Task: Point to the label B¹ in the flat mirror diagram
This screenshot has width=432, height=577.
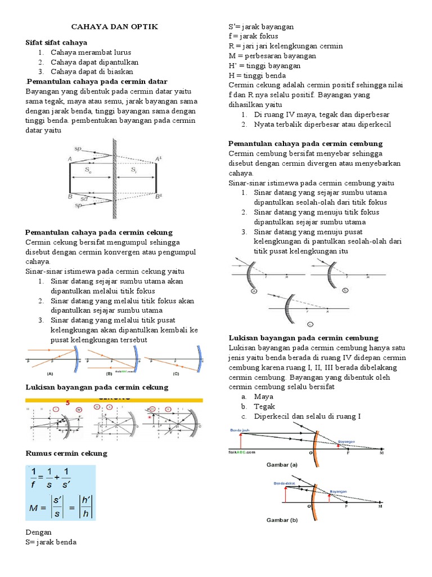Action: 160,197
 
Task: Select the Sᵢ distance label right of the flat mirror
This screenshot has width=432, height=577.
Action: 133,168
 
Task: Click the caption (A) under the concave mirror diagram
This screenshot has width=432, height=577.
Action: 50,373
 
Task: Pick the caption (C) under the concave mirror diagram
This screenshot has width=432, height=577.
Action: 175,373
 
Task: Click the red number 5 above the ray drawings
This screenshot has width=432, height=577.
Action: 68,402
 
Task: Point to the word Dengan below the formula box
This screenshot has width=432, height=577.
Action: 39,532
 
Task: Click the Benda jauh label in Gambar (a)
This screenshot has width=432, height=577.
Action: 241,430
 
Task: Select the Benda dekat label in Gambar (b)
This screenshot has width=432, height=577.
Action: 284,483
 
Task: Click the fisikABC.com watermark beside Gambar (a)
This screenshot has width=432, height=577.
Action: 243,451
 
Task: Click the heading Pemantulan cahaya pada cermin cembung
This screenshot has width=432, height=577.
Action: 305,144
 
